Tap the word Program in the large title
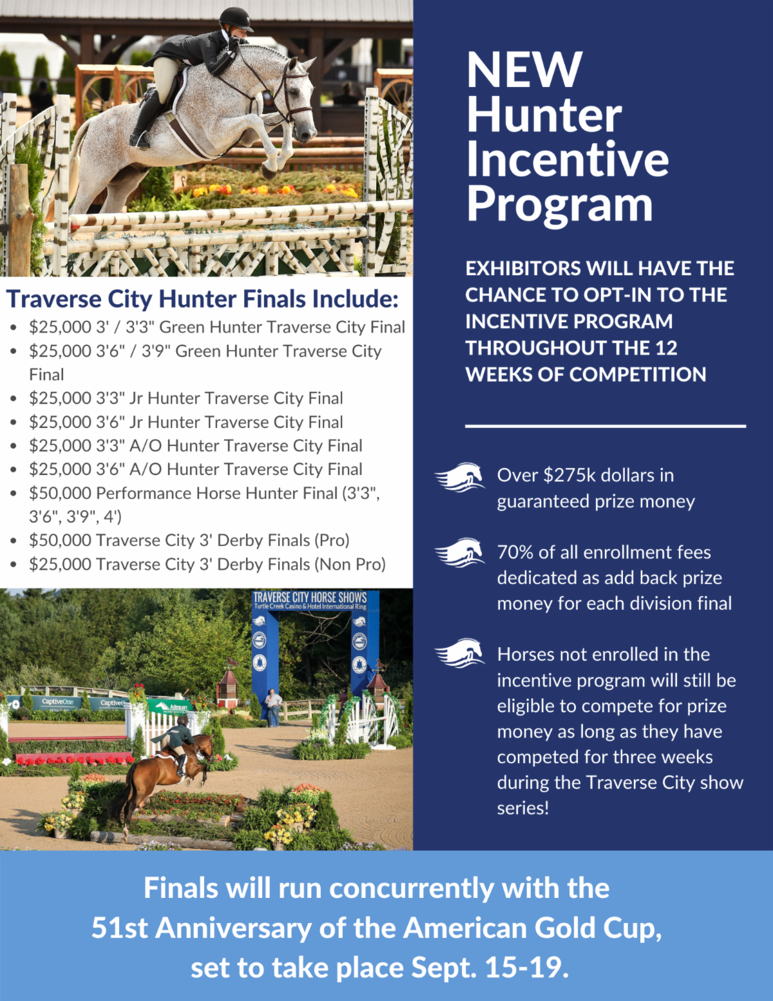click(559, 205)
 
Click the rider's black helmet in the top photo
click(235, 19)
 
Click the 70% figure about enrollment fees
click(514, 552)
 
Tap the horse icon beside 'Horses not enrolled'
click(459, 653)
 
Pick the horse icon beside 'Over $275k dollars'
click(459, 477)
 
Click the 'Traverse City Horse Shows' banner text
click(310, 598)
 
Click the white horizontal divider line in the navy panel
click(605, 426)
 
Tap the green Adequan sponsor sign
click(169, 705)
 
